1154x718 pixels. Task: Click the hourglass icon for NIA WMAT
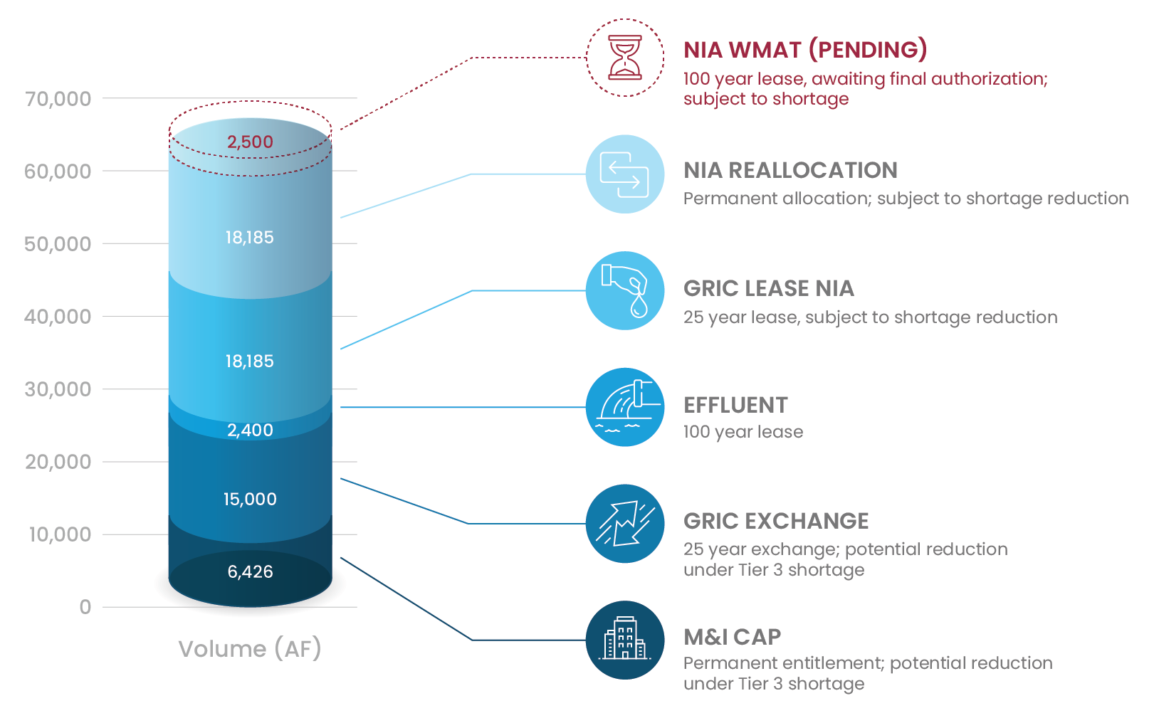pos(624,58)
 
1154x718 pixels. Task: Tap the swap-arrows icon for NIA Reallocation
pos(624,174)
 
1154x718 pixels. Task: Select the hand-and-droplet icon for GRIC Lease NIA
pos(624,290)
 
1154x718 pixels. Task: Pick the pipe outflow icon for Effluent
pos(624,407)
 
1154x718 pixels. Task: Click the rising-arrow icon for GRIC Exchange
pos(624,524)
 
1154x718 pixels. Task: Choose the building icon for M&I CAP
pos(624,640)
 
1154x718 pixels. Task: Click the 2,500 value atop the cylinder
pos(250,142)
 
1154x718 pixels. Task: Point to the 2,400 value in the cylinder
pos(250,430)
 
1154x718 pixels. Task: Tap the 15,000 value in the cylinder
pos(250,499)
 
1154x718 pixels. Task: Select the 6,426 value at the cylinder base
pos(250,571)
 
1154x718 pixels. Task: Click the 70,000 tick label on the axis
pos(58,99)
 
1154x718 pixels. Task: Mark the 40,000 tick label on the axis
pos(58,317)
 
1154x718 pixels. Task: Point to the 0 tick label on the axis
pos(85,607)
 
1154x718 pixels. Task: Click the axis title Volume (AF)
pos(250,649)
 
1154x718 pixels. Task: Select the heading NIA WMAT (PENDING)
pos(805,50)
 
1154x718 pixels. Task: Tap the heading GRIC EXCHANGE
pos(776,521)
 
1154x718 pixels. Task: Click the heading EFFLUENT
pos(735,405)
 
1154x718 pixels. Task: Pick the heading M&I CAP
pos(732,637)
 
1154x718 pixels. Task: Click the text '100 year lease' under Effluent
pos(743,432)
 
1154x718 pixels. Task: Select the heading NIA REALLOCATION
pos(790,170)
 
